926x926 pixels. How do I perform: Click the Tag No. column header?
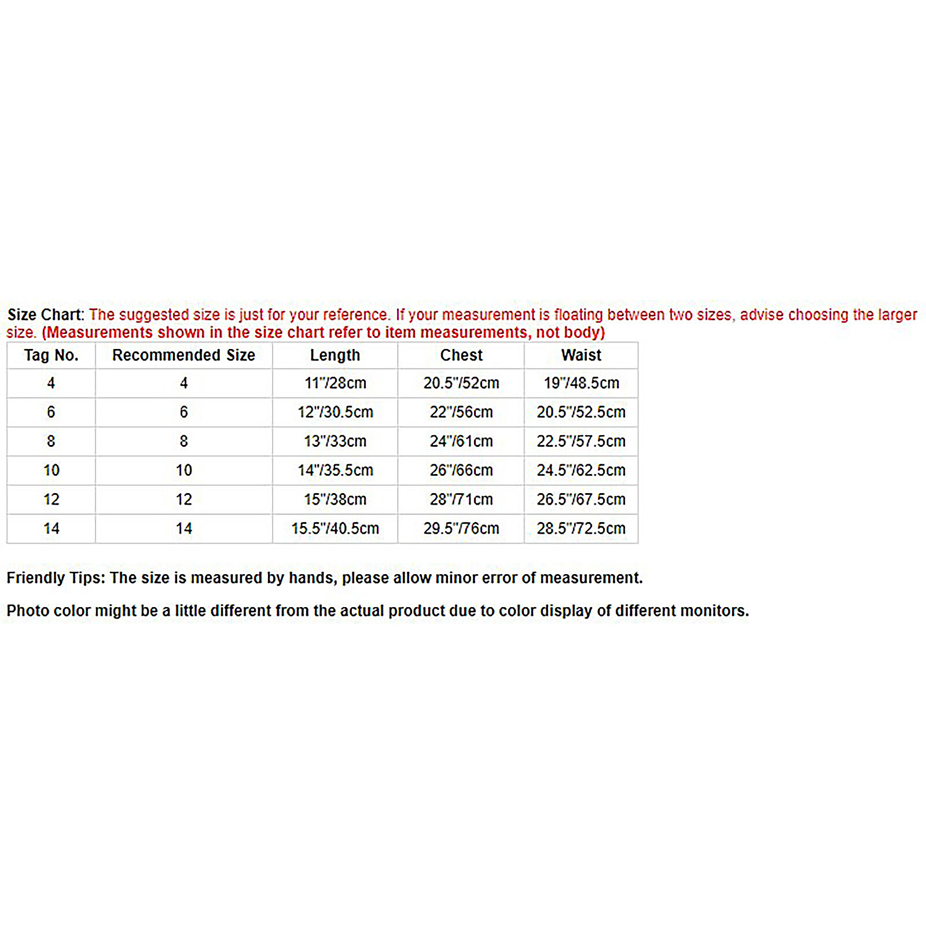[51, 355]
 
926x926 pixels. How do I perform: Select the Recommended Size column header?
[183, 355]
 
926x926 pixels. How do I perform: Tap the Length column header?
[335, 355]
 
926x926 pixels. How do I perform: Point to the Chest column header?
[461, 355]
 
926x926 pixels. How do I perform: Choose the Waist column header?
[581, 355]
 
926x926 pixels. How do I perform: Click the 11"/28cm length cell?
[335, 383]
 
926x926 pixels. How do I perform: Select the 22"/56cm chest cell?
[461, 412]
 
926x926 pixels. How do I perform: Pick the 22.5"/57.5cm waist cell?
[581, 441]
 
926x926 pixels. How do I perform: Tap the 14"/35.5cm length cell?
[335, 470]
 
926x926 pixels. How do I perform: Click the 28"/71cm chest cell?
[461, 499]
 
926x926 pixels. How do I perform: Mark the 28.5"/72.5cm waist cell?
[581, 528]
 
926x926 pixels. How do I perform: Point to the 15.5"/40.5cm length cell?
[335, 528]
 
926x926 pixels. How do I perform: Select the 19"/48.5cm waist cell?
[581, 383]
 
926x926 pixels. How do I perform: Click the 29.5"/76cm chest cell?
[461, 528]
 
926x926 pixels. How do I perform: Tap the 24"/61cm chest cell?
[461, 441]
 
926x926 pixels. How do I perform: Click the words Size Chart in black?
[45, 315]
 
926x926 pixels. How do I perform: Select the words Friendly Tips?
[56, 578]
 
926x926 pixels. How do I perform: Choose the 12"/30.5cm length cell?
[335, 412]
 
